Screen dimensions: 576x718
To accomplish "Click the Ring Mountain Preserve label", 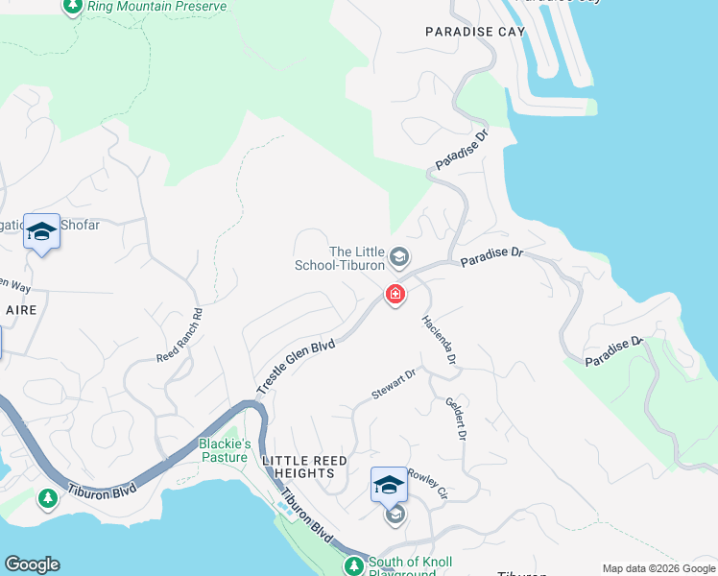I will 156,7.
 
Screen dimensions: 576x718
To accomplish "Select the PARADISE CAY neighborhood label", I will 475,32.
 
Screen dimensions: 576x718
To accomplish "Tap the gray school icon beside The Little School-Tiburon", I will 400,256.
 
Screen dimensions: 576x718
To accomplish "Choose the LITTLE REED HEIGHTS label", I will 305,467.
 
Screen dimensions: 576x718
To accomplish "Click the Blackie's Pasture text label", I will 225,449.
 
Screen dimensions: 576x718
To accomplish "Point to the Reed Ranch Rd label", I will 179,335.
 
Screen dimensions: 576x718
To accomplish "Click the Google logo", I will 32,564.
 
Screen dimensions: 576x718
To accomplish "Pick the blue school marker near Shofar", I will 41,231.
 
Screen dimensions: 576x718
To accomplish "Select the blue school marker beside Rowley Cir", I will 389,485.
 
